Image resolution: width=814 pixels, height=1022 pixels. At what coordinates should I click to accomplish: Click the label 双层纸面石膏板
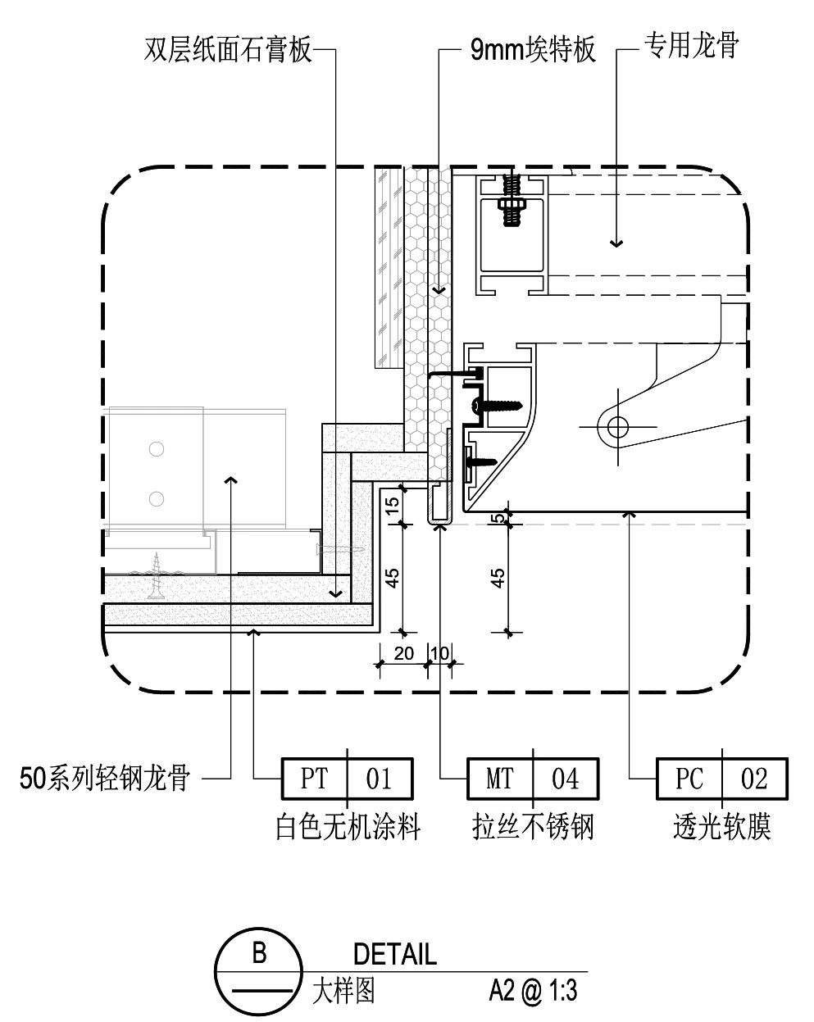tap(229, 50)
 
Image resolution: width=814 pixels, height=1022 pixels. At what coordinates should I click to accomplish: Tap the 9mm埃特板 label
tap(532, 51)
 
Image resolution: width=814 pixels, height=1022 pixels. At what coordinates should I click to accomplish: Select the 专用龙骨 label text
tap(690, 46)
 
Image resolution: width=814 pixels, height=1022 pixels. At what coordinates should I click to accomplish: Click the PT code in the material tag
tap(314, 779)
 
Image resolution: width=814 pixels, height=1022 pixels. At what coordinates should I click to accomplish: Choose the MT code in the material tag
tap(500, 779)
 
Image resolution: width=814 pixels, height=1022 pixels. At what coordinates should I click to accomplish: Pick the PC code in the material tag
tap(689, 779)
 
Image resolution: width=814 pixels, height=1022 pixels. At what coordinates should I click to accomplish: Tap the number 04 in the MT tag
tap(565, 779)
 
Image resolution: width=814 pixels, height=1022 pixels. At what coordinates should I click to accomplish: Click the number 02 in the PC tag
tap(754, 779)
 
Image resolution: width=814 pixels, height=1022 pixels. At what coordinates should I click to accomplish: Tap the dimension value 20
tap(403, 653)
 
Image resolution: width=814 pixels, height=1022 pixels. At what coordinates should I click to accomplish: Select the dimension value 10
tap(439, 653)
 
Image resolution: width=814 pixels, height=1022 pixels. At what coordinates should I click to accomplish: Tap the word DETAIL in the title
tap(395, 954)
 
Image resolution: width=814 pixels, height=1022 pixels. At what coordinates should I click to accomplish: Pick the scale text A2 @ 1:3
tap(533, 992)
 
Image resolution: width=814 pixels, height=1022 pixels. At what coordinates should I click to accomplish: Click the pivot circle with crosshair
tap(617, 426)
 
